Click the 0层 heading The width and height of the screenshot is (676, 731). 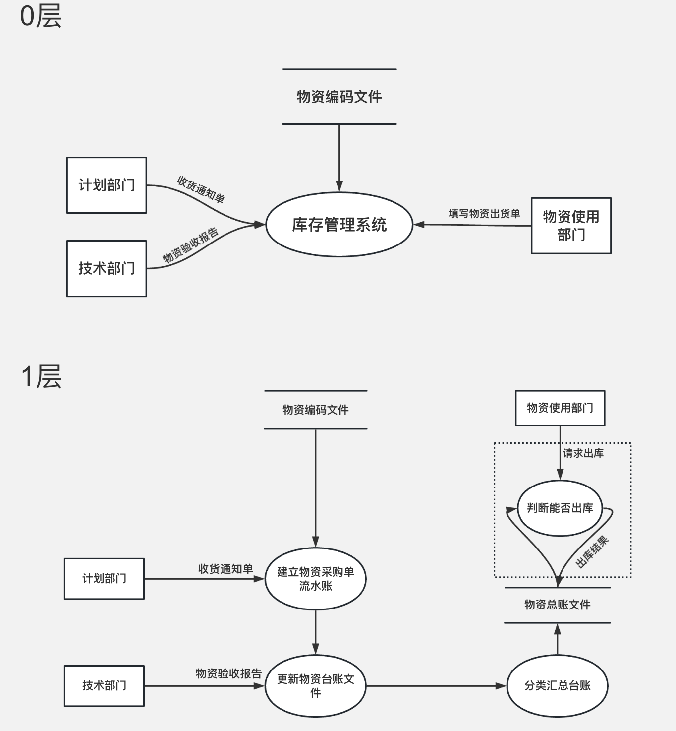point(41,16)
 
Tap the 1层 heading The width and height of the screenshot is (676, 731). point(41,376)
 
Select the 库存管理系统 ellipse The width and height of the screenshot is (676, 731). point(339,225)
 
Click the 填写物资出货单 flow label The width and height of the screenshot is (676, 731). point(484,214)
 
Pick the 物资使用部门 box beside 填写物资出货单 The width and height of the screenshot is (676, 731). point(571,226)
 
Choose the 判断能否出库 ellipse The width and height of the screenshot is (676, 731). point(560,508)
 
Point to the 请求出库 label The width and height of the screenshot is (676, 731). point(583,453)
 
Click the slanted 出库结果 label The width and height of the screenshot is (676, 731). point(592,552)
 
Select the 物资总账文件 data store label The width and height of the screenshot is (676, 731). point(558,605)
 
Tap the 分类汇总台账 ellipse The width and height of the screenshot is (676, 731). point(558,686)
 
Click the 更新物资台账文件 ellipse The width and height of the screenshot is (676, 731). point(315,686)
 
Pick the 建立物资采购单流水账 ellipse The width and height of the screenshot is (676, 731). point(315,579)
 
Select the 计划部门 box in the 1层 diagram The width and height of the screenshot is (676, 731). point(104,579)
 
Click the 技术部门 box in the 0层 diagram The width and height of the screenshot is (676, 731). point(107,268)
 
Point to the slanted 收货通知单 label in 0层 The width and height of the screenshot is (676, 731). point(201,189)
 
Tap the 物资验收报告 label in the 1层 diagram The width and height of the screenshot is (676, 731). point(228,673)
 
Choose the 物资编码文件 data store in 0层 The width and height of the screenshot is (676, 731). point(339,97)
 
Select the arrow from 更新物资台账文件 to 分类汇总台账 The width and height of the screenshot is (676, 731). point(436,686)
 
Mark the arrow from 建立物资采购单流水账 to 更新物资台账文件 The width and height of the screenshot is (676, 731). point(315,632)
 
